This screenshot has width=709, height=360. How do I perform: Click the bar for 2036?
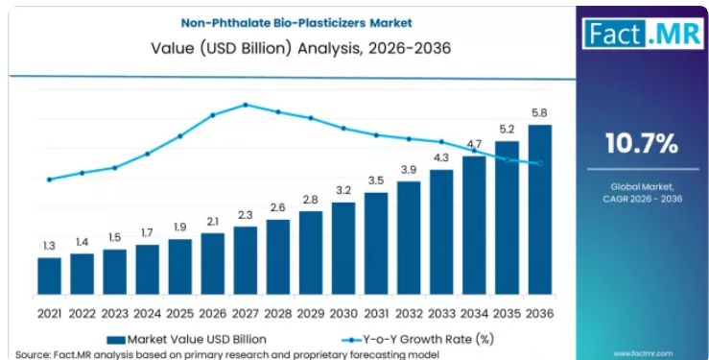[x=540, y=210]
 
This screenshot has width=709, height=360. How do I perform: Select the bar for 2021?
[x=49, y=276]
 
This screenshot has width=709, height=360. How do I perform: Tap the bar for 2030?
[x=343, y=249]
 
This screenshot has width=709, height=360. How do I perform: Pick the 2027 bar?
[x=246, y=260]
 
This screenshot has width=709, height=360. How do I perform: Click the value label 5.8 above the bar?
[x=540, y=113]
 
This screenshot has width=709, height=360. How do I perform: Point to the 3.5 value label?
[x=376, y=180]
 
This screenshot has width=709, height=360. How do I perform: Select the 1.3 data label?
[x=49, y=246]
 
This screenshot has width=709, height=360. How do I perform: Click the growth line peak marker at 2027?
[x=246, y=105]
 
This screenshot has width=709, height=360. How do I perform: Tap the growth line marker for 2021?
[x=49, y=180]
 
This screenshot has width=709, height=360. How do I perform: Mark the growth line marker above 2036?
[x=540, y=163]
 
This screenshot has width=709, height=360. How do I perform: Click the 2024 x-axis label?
[x=147, y=313]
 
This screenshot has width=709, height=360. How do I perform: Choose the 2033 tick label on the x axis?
[x=441, y=313]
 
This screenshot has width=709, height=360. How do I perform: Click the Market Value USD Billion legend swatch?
[x=116, y=340]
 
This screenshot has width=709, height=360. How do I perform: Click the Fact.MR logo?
[x=643, y=34]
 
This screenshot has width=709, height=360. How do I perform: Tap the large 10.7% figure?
[x=642, y=143]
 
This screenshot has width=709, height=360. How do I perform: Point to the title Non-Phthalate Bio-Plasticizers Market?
[x=296, y=23]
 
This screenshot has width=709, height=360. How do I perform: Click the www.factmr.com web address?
[x=643, y=353]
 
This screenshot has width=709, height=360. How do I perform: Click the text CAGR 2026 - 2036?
[x=642, y=199]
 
